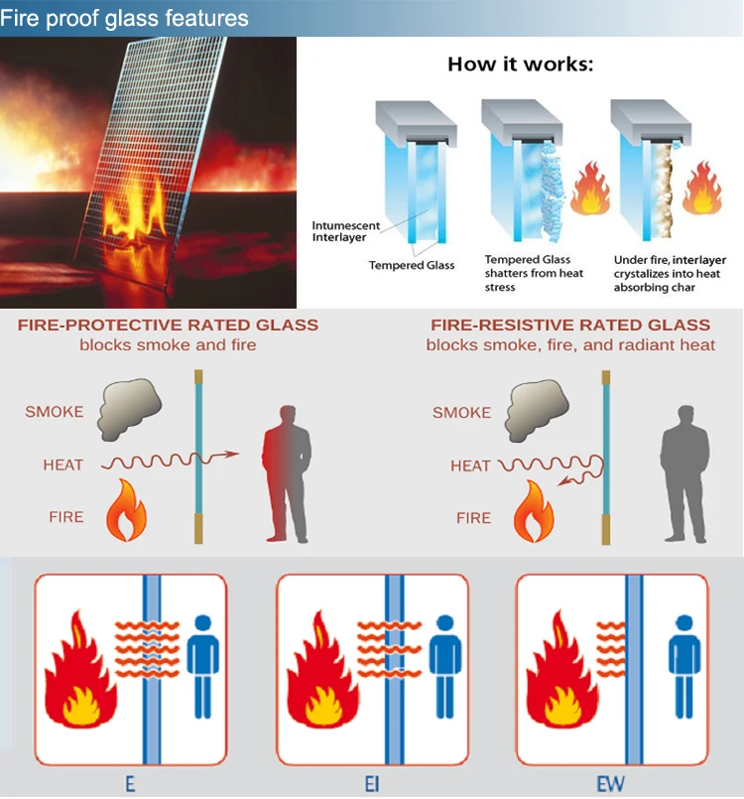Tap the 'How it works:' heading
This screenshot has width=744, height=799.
520,66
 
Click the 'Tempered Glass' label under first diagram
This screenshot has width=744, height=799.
412,265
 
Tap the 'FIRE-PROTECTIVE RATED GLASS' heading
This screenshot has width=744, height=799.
168,326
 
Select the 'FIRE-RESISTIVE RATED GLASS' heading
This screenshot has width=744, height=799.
570,326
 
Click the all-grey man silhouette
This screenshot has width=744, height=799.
683,471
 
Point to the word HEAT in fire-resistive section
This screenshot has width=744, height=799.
470,466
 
